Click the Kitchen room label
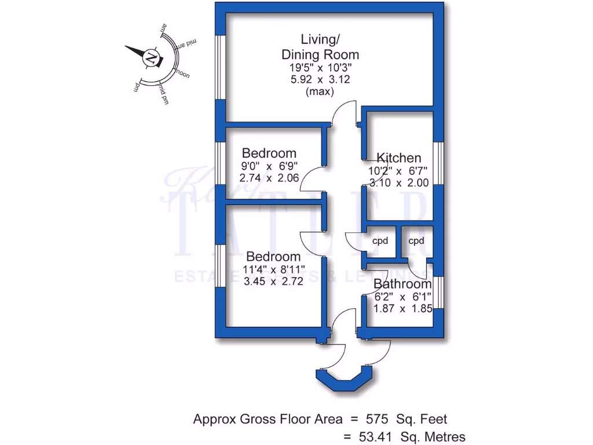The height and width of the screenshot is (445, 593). pyautogui.click(x=399, y=158)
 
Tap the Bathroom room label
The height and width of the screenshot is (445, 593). pyautogui.click(x=402, y=284)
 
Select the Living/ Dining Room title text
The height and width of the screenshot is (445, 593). pyautogui.click(x=320, y=47)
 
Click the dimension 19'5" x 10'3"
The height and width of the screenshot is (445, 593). pyautogui.click(x=320, y=67)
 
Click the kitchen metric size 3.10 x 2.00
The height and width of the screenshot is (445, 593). pyautogui.click(x=399, y=183)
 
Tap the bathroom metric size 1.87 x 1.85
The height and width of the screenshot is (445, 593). pyautogui.click(x=403, y=308)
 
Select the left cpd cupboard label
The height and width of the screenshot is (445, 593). pyautogui.click(x=379, y=241)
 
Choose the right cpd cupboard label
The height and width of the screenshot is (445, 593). pyautogui.click(x=416, y=241)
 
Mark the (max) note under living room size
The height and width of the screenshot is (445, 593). pyautogui.click(x=320, y=92)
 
